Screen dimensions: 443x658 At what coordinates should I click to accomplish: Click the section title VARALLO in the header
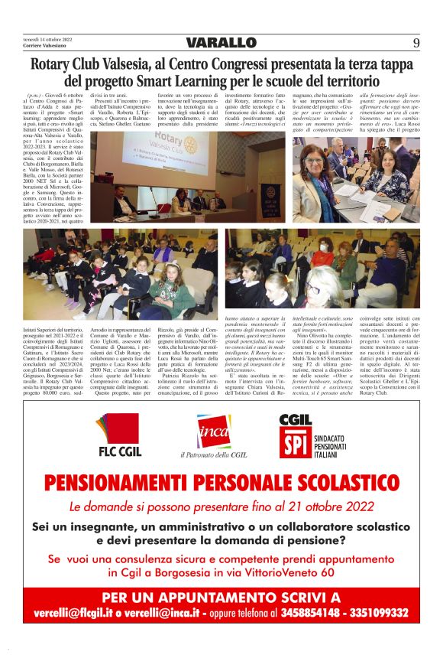point(221,43)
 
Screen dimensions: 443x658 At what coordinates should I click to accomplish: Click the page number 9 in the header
point(416,43)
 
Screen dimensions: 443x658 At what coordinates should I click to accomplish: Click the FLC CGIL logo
point(119,435)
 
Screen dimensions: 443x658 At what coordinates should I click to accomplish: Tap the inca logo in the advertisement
point(213,432)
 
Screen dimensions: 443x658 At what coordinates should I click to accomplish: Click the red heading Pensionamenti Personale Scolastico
point(221,484)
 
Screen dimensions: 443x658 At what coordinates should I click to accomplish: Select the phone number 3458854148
point(318,613)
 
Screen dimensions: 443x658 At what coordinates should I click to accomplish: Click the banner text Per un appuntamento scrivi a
point(221,597)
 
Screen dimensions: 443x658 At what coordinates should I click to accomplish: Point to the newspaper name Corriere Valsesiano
point(47,46)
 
